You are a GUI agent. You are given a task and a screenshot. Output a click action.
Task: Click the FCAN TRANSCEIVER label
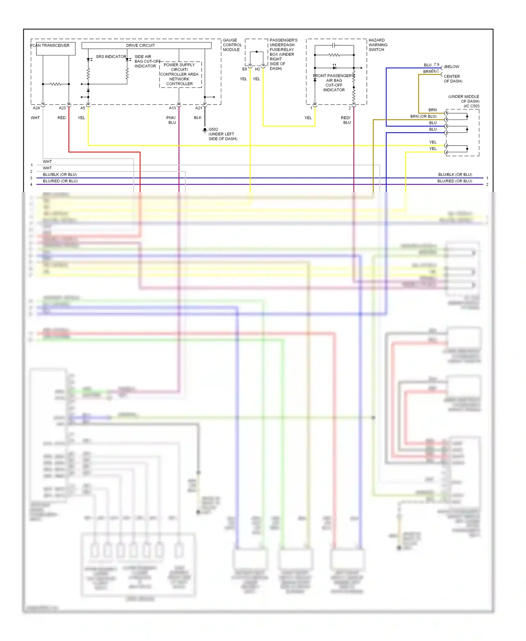click(50, 46)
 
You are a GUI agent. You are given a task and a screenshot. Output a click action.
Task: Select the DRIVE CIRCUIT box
click(146, 46)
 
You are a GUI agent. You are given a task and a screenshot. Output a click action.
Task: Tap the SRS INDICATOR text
click(111, 56)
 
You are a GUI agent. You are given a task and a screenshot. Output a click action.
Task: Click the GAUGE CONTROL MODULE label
click(232, 45)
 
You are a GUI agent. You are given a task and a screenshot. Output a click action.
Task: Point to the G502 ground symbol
click(205, 130)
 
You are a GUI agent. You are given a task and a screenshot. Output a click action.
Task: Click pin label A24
click(36, 108)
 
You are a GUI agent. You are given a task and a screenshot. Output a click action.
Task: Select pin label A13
click(172, 108)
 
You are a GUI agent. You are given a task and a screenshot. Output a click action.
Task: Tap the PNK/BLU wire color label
click(171, 120)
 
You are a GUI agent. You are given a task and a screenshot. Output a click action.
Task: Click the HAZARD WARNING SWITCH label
click(378, 45)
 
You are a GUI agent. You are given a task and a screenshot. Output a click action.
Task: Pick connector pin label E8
click(244, 69)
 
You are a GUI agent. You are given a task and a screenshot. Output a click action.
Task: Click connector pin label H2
click(257, 69)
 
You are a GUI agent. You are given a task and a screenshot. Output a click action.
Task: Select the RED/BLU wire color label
click(346, 120)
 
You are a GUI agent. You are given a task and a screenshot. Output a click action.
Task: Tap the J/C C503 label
click(471, 106)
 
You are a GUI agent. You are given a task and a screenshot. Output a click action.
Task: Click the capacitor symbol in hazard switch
click(334, 45)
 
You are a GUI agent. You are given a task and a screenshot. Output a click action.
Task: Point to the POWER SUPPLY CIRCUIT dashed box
click(180, 74)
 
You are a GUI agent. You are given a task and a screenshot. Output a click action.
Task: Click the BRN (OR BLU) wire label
click(423, 116)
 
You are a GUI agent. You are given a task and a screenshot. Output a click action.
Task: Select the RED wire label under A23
click(61, 118)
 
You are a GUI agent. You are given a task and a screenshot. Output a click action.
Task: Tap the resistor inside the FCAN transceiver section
click(55, 84)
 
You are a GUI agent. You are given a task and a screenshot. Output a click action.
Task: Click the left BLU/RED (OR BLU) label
click(60, 181)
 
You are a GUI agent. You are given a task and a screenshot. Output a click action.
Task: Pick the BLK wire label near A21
click(197, 118)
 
